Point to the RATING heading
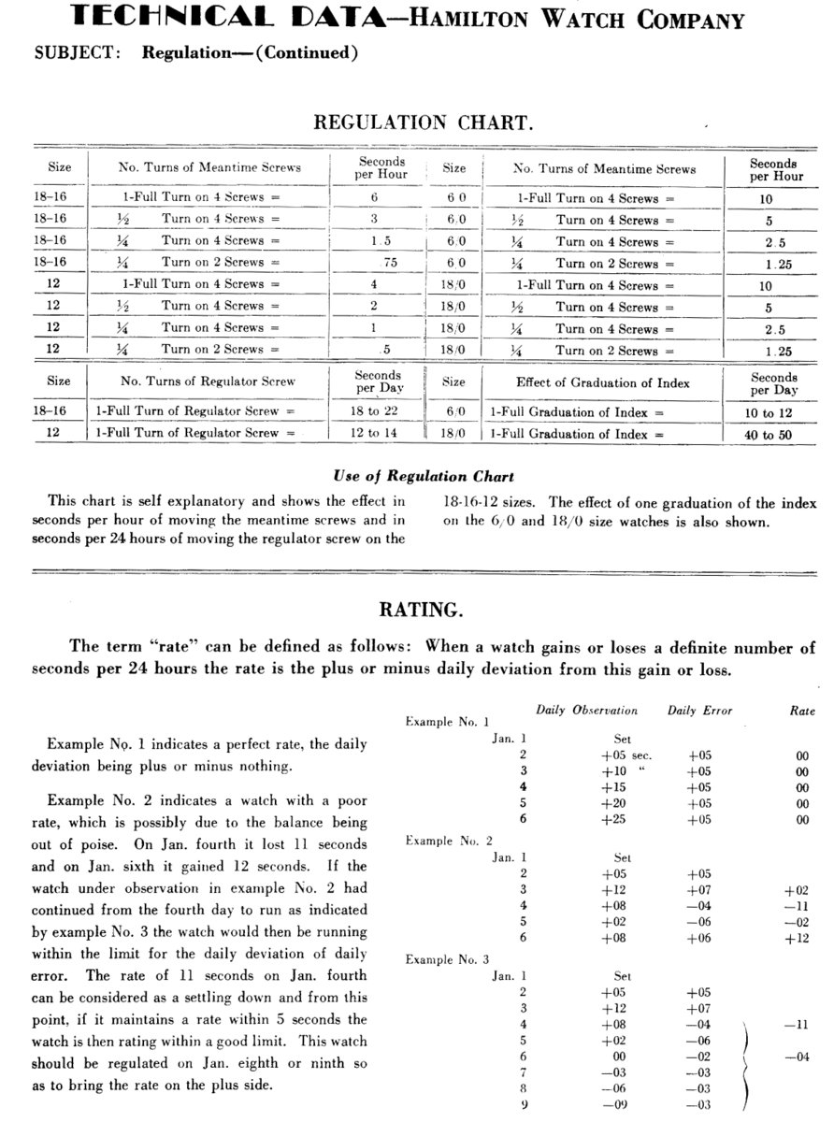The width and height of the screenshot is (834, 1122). tap(420, 611)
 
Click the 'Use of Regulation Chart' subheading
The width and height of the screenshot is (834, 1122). tap(424, 477)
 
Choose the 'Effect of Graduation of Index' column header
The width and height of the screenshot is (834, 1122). tap(602, 382)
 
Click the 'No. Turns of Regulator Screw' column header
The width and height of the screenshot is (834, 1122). tap(208, 381)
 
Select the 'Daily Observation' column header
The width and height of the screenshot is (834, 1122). tap(586, 711)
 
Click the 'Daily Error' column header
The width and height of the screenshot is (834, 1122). tap(700, 711)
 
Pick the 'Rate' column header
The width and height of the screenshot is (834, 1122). tap(801, 711)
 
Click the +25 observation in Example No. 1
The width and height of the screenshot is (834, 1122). tap(622, 820)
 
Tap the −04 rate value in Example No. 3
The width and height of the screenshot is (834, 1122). tap(798, 1057)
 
